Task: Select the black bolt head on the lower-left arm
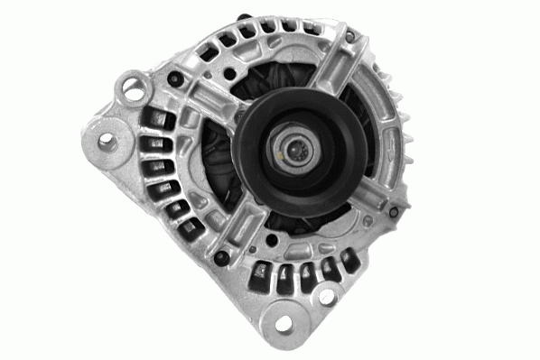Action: click(220, 259)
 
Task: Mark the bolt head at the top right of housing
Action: click(349, 37)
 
